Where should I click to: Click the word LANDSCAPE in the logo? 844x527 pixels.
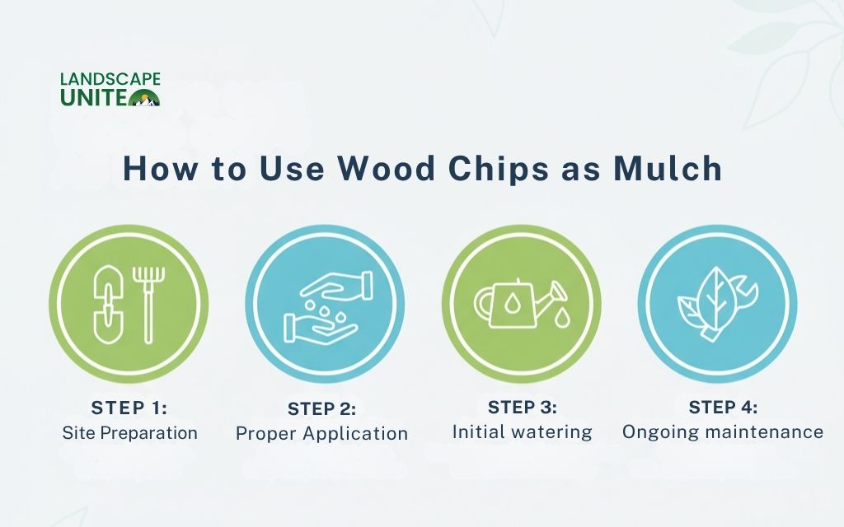pyautogui.click(x=110, y=80)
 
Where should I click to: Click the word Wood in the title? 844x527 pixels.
pyautogui.click(x=386, y=168)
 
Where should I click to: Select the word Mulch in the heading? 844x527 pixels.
pyautogui.click(x=668, y=168)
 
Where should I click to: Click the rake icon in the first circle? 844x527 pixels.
pyautogui.click(x=148, y=305)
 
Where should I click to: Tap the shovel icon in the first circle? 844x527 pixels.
pyautogui.click(x=108, y=305)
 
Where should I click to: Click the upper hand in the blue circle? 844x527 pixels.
pyautogui.click(x=336, y=286)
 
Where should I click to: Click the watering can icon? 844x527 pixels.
pyautogui.click(x=521, y=304)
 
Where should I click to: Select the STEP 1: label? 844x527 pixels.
pyautogui.click(x=129, y=408)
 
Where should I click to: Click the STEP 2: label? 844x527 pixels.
pyautogui.click(x=322, y=409)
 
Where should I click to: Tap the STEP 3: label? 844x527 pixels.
pyautogui.click(x=522, y=408)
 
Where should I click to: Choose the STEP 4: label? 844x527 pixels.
pyautogui.click(x=723, y=408)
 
